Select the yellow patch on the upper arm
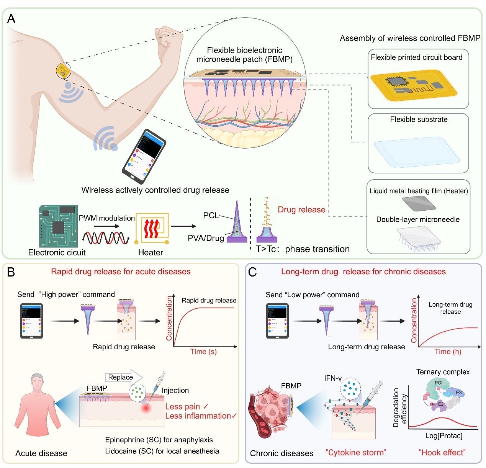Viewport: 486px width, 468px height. tap(63, 71)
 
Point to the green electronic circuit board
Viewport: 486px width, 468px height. tap(58, 226)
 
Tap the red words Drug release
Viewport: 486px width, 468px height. tap(301, 209)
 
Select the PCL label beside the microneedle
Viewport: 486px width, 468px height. tap(211, 215)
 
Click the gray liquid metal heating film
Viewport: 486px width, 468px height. tap(418, 203)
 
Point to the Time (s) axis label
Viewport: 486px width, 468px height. tap(203, 352)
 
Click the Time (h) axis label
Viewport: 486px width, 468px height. tap(448, 352)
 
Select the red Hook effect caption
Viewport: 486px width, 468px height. tap(442, 453)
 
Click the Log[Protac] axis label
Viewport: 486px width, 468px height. tap(443, 436)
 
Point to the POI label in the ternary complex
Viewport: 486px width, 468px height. tap(439, 383)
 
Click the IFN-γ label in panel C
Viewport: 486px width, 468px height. tap(333, 378)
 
